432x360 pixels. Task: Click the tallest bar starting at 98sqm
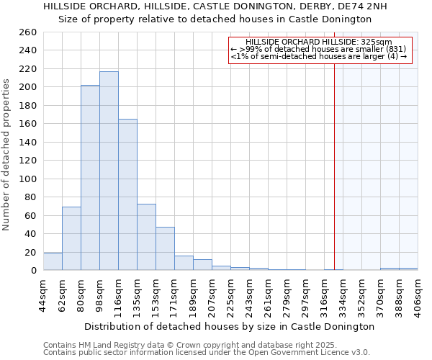[x=109, y=171]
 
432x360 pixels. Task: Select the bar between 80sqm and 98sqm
[x=90, y=177]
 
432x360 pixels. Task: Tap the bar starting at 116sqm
[x=127, y=194]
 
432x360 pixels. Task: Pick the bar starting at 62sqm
[x=71, y=238]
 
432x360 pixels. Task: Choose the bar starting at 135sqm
[x=146, y=237]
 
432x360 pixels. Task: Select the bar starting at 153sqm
[x=165, y=248]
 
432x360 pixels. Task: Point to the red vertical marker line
[x=334, y=158]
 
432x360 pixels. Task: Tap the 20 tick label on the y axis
[x=32, y=252]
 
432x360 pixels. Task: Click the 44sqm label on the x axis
[x=44, y=294]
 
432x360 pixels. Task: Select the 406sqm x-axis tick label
[x=418, y=294]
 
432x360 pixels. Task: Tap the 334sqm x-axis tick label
[x=343, y=294]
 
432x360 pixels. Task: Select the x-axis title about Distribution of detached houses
[x=229, y=326]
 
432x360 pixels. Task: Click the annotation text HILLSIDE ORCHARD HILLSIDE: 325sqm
[x=318, y=42]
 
